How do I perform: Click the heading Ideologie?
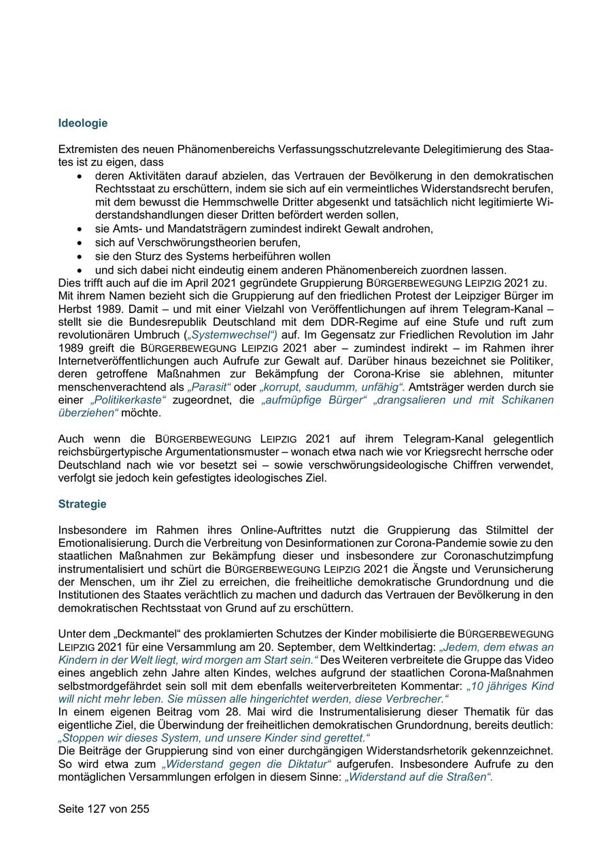coord(82,123)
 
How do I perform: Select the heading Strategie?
coord(82,504)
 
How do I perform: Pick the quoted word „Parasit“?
coord(208,386)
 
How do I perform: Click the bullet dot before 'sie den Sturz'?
coord(80,256)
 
